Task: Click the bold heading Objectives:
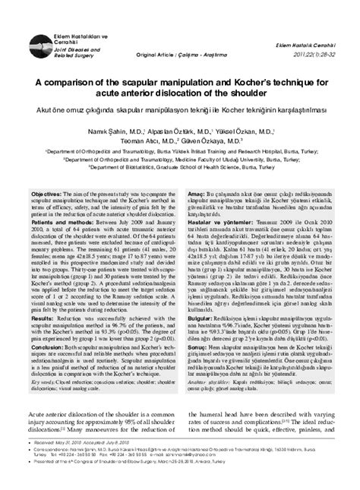[47, 195]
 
